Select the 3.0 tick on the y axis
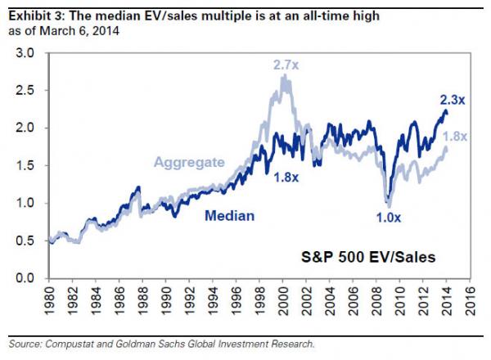pos(26,53)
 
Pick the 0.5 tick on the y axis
pos(26,241)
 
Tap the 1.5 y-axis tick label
pos(26,166)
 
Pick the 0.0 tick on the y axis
pos(26,279)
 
